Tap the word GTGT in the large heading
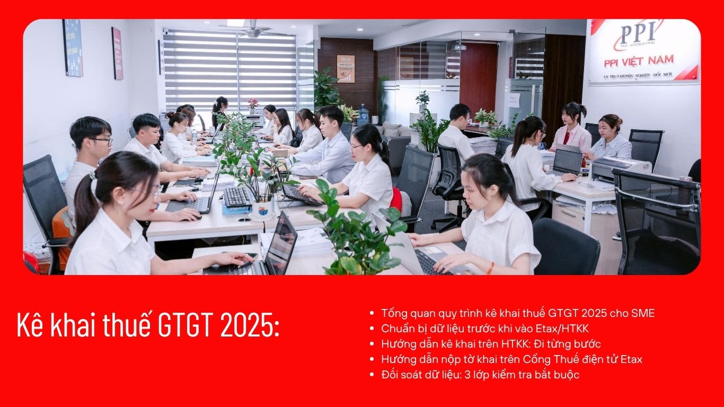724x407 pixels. tap(186, 325)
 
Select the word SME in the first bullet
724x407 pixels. tap(643, 313)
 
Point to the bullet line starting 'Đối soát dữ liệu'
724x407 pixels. tap(480, 375)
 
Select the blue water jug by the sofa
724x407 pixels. tap(364, 115)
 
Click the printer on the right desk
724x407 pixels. tap(621, 169)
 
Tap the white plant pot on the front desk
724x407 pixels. tap(262, 209)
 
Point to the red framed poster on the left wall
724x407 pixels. tap(117, 54)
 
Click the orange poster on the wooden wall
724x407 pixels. tap(346, 69)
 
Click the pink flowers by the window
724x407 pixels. tap(252, 102)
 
